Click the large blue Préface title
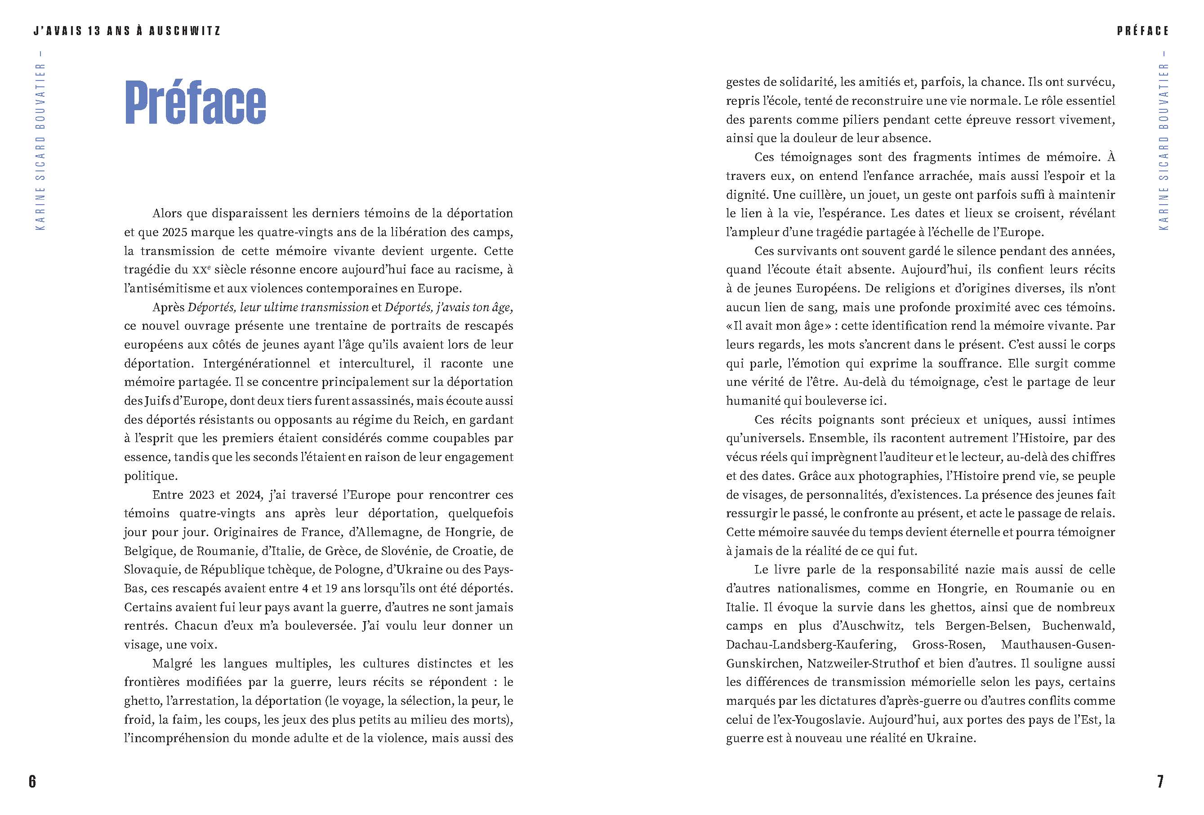pos(195,102)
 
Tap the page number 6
pos(32,781)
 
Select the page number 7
pos(1160,781)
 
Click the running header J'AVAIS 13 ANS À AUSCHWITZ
pos(127,31)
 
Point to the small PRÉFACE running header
pos(1143,31)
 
